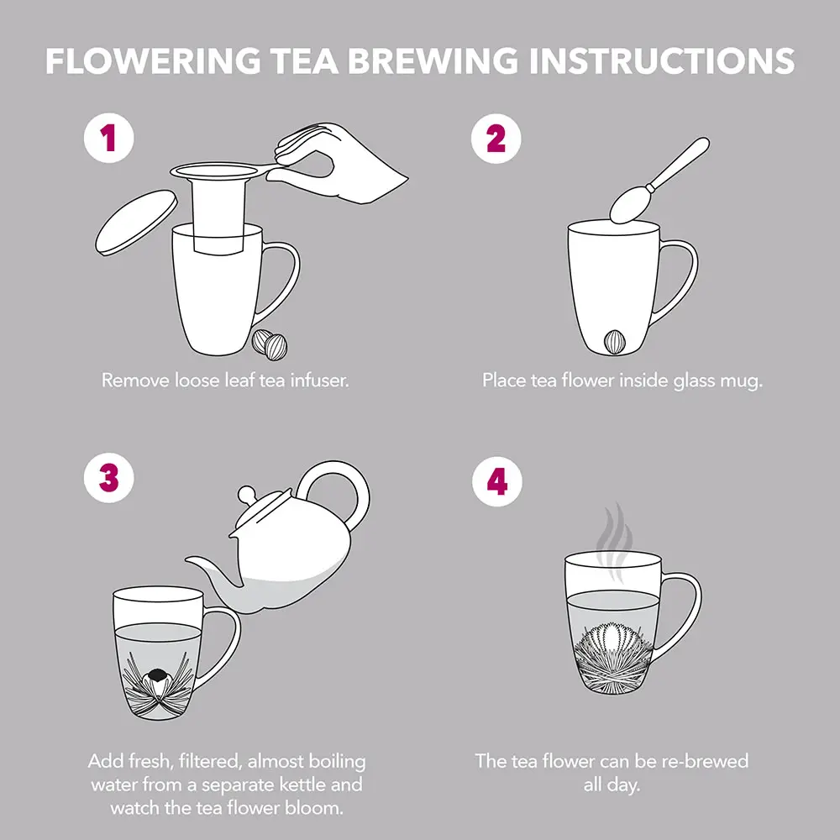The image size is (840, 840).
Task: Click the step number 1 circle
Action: pos(108,138)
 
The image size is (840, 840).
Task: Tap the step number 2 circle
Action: pos(496,139)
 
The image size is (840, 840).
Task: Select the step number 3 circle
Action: pos(108,478)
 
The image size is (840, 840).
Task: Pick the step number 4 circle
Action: pos(497,481)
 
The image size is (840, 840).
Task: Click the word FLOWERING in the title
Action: pos(153,60)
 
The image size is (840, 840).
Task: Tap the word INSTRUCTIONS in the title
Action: pos(662,60)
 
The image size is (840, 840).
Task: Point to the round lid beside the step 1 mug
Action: pos(136,223)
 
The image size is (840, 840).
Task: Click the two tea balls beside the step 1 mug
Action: pos(270,344)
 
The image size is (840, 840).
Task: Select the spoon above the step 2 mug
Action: pos(658,181)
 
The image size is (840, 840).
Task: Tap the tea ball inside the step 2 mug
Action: pos(615,342)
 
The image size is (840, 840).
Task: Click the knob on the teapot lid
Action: pos(247,493)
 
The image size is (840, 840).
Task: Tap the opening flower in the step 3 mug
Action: pos(157,682)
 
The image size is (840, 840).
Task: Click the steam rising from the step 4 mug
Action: pos(615,541)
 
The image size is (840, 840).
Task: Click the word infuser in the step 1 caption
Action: pos(319,381)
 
